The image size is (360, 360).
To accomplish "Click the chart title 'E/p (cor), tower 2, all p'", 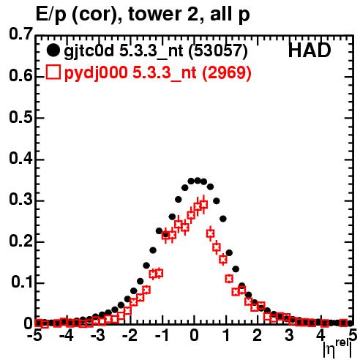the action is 143,14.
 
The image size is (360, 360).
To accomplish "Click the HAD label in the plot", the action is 310,50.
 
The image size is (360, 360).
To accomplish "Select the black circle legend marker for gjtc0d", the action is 53,50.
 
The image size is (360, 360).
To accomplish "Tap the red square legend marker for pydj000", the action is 53,72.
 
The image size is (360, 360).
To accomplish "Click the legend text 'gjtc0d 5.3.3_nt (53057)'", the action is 156,51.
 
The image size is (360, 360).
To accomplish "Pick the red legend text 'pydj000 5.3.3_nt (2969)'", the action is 158,72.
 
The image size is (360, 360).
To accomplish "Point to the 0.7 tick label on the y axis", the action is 20,34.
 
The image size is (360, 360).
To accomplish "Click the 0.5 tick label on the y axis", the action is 20,118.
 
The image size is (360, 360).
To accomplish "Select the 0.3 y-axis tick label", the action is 20,200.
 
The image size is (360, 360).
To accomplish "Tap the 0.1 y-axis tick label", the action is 22,282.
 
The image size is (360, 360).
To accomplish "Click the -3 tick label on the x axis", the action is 98,335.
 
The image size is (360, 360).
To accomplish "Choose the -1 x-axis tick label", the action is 162,335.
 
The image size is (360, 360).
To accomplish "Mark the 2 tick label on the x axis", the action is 257,335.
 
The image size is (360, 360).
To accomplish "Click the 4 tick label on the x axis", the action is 320,335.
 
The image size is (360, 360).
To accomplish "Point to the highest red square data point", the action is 204,204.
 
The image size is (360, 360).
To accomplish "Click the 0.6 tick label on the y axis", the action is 20,76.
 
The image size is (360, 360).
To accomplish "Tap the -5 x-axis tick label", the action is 34,335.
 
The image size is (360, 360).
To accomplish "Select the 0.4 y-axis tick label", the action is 20,159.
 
